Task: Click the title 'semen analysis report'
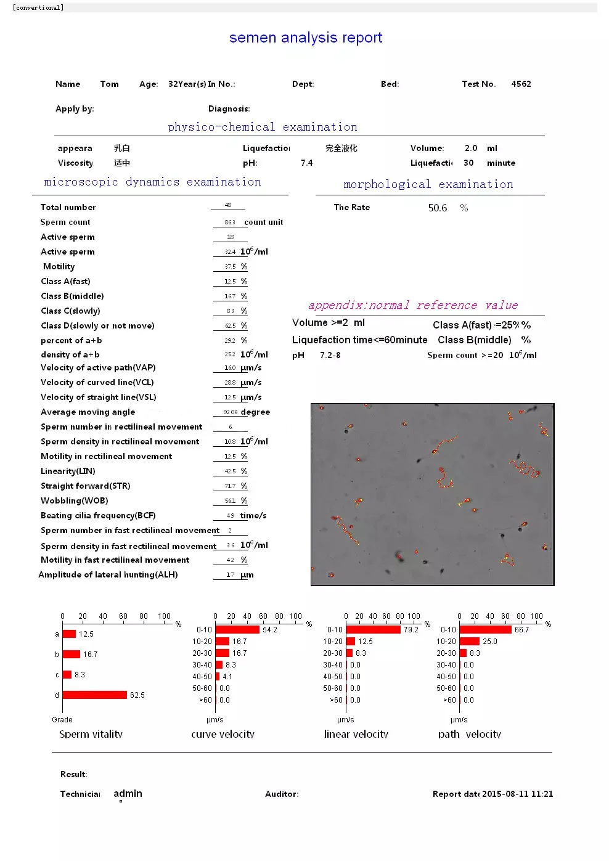[306, 38]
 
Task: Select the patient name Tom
[109, 84]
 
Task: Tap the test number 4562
[521, 84]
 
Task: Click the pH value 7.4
[306, 163]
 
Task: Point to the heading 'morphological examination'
[428, 184]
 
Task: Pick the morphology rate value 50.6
[438, 208]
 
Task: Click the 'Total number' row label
[68, 207]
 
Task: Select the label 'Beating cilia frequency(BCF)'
[98, 515]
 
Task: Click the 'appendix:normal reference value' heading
[413, 305]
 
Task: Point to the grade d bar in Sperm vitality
[94, 695]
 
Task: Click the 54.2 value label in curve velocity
[270, 630]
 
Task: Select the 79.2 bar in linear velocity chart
[373, 630]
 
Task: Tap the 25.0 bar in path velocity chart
[469, 642]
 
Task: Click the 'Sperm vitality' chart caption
[91, 734]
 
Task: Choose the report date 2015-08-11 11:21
[517, 794]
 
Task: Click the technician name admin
[128, 793]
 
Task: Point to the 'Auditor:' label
[282, 794]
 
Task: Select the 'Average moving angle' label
[88, 412]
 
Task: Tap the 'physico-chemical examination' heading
[262, 127]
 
